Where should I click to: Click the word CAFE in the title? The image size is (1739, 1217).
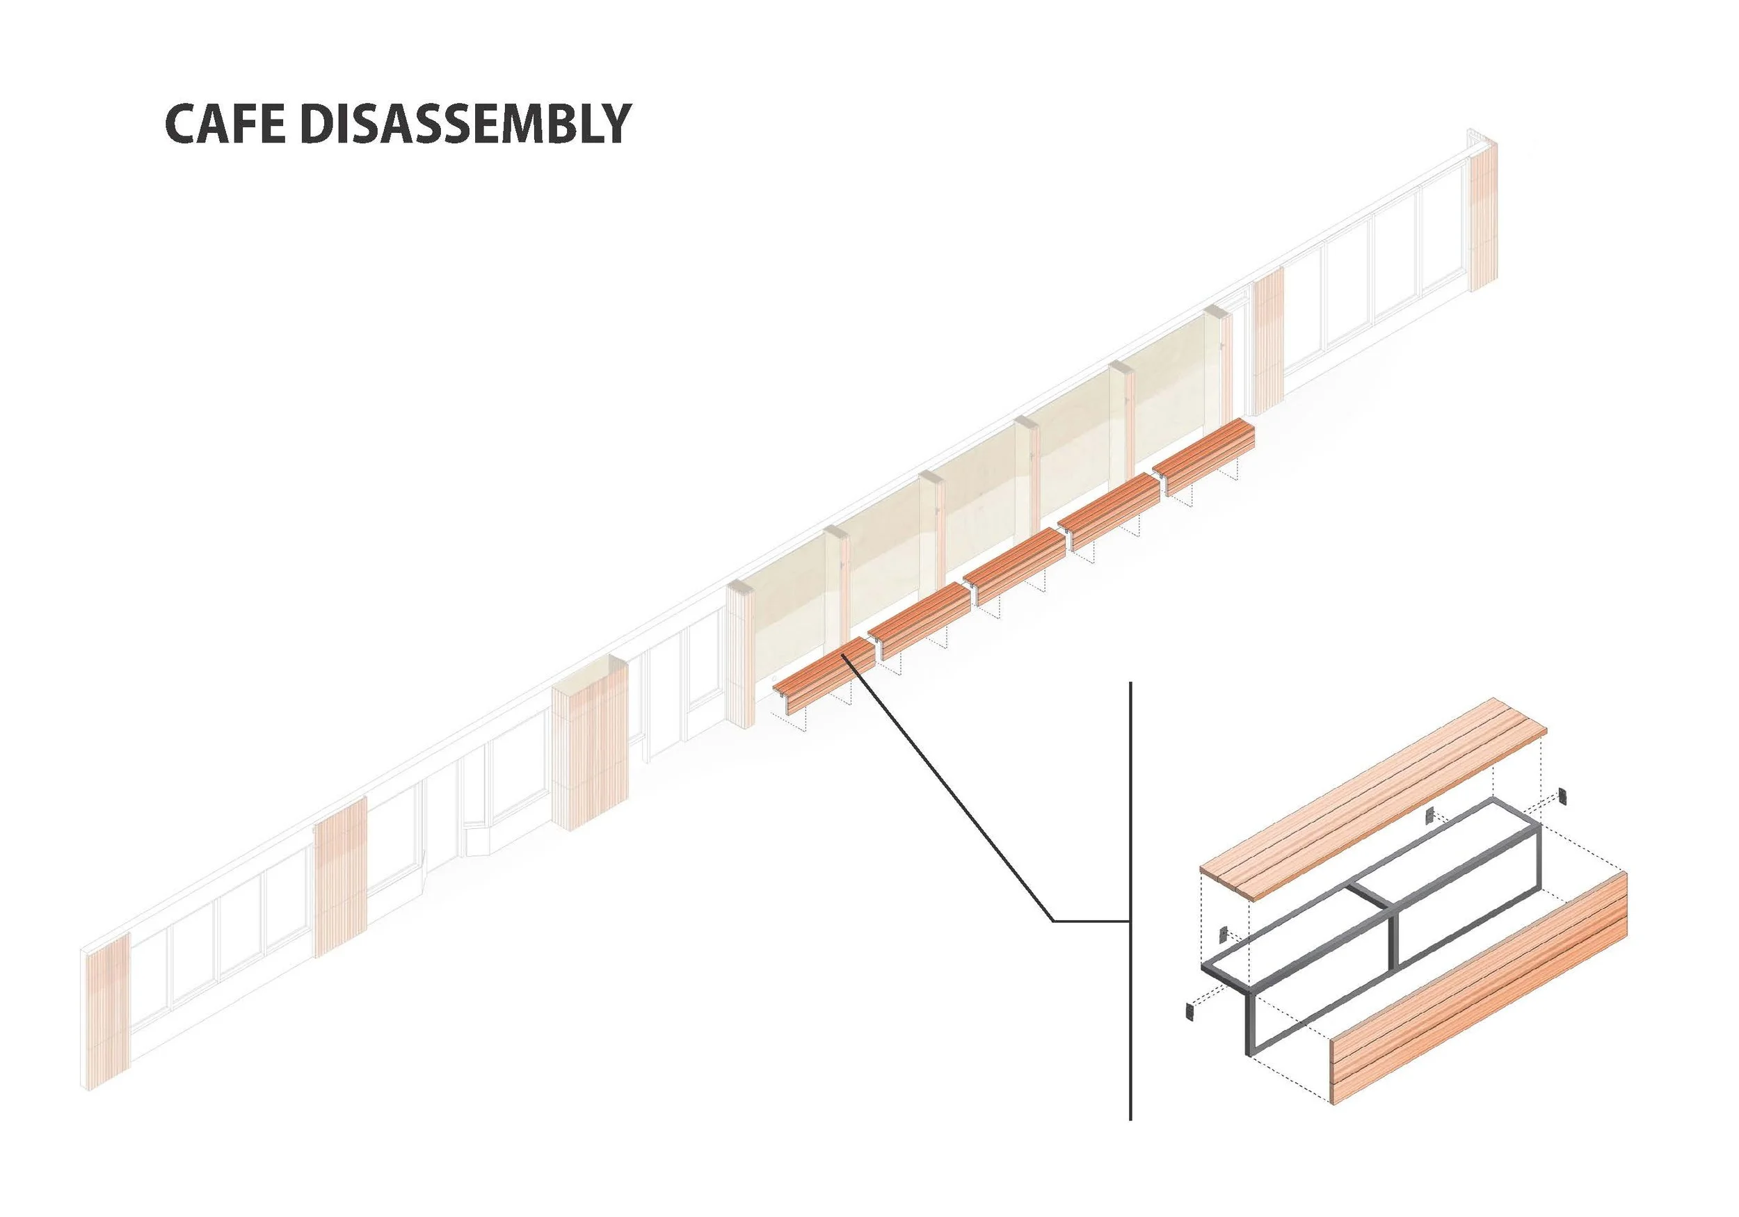[225, 124]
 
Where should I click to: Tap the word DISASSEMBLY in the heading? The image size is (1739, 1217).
[465, 124]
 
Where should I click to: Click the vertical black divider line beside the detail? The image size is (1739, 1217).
[1130, 871]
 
